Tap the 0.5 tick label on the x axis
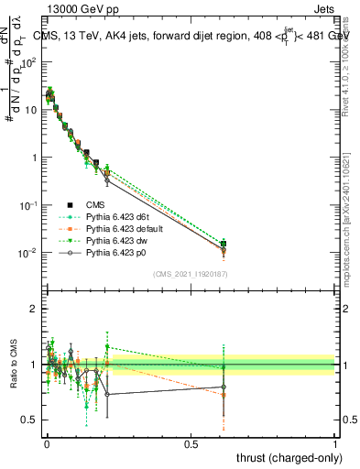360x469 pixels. tap(191, 442)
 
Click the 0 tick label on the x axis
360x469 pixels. tap(47, 442)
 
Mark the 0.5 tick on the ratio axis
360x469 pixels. tap(28, 420)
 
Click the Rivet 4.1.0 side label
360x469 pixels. tap(348, 78)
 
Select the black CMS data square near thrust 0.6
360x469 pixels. tap(224, 244)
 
